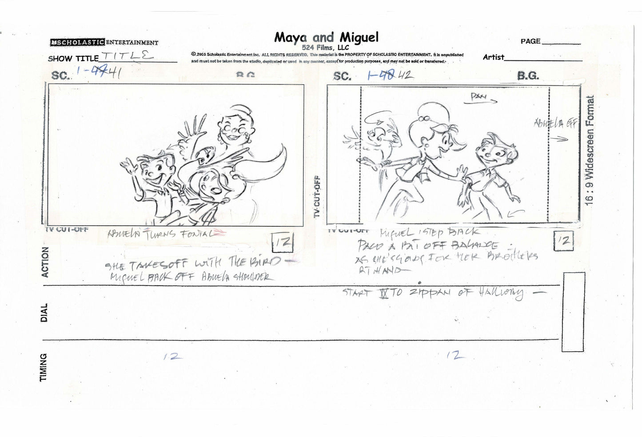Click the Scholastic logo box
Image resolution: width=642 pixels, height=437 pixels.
[x=77, y=42]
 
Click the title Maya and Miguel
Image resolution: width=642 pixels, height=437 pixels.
[x=326, y=37]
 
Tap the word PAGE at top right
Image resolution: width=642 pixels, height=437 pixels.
[x=530, y=41]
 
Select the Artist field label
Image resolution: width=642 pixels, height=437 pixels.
[x=494, y=57]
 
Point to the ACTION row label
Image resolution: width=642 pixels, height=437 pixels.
[x=44, y=262]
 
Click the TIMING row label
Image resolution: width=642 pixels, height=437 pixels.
[x=44, y=368]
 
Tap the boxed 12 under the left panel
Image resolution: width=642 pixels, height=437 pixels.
[x=283, y=243]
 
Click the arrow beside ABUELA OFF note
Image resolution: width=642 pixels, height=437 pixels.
[x=562, y=139]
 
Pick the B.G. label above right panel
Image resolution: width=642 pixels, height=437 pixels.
[x=528, y=76]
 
